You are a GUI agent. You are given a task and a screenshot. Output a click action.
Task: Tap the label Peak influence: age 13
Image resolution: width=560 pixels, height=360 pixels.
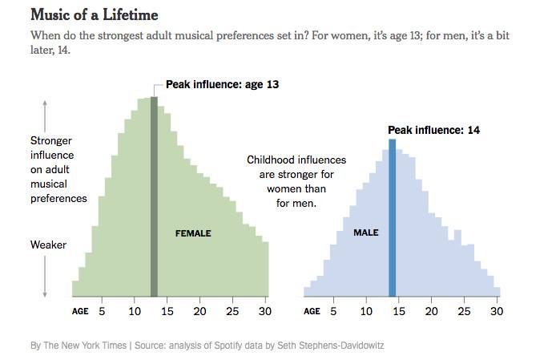click(222, 83)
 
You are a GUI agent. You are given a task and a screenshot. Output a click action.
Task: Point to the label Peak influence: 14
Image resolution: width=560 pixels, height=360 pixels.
click(433, 130)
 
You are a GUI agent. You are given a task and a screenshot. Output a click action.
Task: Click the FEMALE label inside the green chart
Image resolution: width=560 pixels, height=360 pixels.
click(193, 233)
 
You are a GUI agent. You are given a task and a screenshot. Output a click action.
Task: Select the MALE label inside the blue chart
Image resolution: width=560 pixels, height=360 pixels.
click(365, 233)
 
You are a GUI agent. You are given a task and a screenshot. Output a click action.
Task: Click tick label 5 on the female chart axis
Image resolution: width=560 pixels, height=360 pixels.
click(102, 311)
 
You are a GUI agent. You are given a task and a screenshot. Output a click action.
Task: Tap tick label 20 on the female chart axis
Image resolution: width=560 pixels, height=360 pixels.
click(199, 311)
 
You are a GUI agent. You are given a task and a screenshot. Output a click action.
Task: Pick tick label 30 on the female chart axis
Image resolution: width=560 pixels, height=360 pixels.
click(264, 311)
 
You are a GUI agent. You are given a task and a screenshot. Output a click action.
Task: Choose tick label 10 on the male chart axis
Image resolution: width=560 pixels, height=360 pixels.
click(366, 311)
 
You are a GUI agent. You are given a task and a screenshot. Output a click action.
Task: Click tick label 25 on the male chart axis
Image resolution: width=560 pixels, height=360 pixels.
click(464, 311)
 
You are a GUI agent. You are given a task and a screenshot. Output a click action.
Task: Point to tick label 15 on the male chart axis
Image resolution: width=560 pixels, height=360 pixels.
click(398, 311)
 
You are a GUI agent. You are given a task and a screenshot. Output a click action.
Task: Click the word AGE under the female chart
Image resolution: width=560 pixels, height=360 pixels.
click(80, 312)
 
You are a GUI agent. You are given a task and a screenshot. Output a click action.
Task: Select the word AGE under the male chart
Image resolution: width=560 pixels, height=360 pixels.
click(312, 312)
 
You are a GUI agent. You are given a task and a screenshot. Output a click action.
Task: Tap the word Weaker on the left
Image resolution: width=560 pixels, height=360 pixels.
click(48, 245)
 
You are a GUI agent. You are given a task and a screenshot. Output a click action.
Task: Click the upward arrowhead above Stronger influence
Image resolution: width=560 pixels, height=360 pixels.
click(46, 102)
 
